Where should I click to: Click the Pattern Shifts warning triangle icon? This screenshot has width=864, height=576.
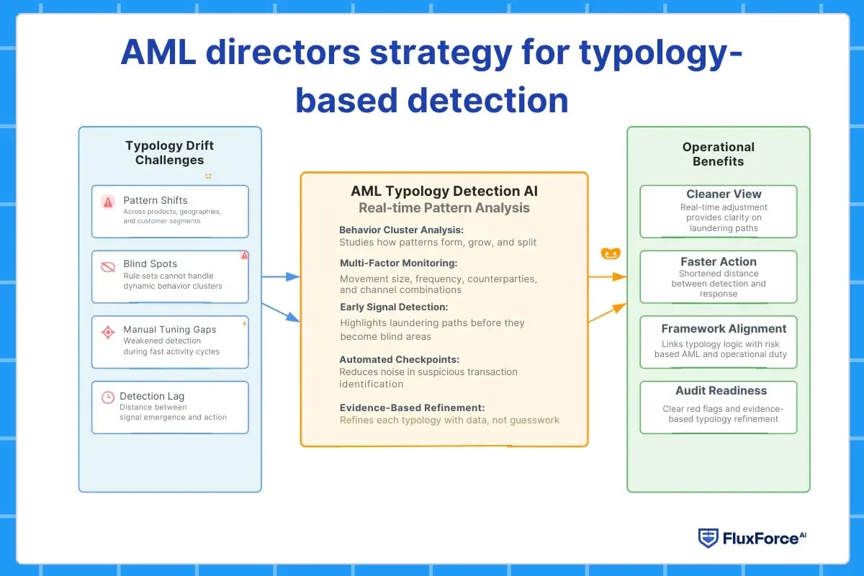tap(108, 202)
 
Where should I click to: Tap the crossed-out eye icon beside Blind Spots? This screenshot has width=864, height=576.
tap(108, 267)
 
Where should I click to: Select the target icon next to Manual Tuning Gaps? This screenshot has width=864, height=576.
tap(108, 332)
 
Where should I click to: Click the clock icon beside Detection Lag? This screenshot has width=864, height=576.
tap(107, 397)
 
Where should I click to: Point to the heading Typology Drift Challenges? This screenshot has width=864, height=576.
tap(169, 153)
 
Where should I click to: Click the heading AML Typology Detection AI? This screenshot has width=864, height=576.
tap(444, 192)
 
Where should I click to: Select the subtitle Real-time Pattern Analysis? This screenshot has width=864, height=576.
tap(444, 208)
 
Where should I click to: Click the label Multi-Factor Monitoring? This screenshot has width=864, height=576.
tap(398, 263)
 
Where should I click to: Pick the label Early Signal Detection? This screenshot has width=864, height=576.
tap(393, 307)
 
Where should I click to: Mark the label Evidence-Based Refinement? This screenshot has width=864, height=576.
tap(412, 408)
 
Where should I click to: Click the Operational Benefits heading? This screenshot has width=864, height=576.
tap(718, 154)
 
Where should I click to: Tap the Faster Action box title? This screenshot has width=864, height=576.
tap(718, 261)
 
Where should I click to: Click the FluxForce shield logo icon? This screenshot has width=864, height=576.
tap(708, 538)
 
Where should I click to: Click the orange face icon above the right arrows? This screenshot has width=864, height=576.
tap(611, 254)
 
